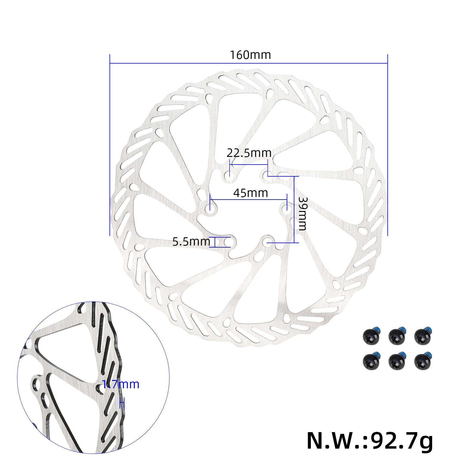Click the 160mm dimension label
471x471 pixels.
pyautogui.click(x=250, y=55)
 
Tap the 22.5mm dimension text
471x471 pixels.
pyautogui.click(x=249, y=153)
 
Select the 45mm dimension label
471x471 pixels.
pyautogui.click(x=251, y=193)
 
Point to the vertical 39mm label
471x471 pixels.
pyautogui.click(x=302, y=213)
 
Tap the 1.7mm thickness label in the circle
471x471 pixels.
pyautogui.click(x=120, y=384)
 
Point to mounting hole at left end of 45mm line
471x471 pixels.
pyautogui.click(x=211, y=211)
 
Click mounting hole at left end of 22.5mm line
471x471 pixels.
pyautogui.click(x=229, y=175)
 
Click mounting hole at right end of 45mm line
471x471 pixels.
pyautogui.click(x=286, y=208)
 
